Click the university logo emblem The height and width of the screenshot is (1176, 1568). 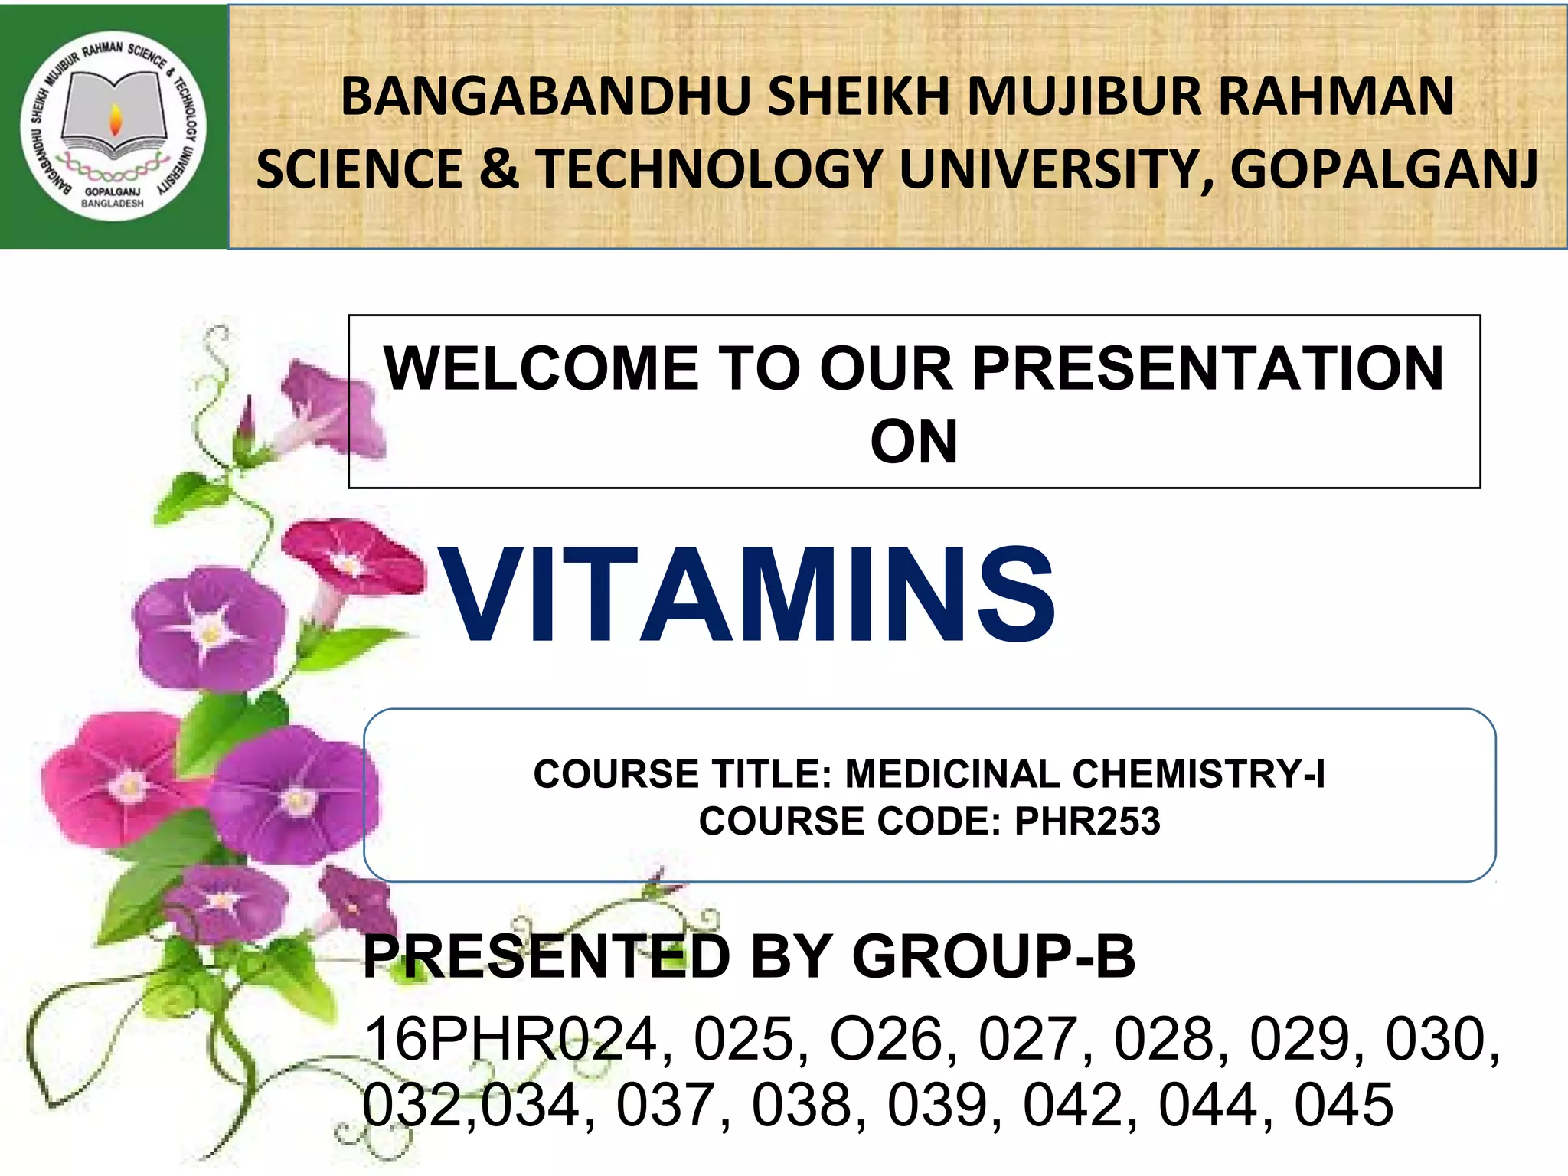113,126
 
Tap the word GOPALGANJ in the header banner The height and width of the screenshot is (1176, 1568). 1383,169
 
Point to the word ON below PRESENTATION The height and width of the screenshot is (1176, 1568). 913,443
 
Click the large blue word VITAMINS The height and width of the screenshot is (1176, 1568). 749,595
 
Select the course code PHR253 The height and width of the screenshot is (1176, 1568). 1087,822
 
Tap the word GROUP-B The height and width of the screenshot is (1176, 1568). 993,957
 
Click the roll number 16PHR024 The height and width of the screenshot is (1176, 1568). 511,1039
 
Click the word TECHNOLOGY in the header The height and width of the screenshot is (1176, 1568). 709,169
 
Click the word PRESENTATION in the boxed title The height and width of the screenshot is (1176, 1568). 1207,369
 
